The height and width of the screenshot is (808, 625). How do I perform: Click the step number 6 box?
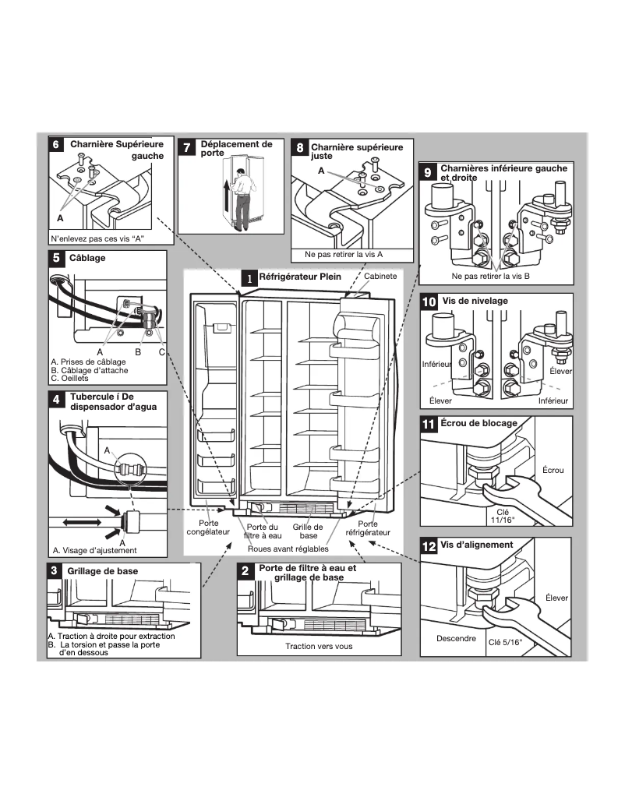[56, 145]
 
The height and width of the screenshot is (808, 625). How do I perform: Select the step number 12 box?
[429, 546]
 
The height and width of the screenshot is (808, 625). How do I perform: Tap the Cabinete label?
[381, 276]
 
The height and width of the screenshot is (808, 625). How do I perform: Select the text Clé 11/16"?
[508, 516]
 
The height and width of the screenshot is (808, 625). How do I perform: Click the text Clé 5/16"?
[505, 643]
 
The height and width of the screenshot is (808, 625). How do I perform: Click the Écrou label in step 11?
[553, 471]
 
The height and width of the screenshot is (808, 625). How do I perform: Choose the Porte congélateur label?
[208, 528]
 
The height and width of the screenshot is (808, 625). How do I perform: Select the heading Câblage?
[87, 257]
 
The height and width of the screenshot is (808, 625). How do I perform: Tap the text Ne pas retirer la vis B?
[490, 277]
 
